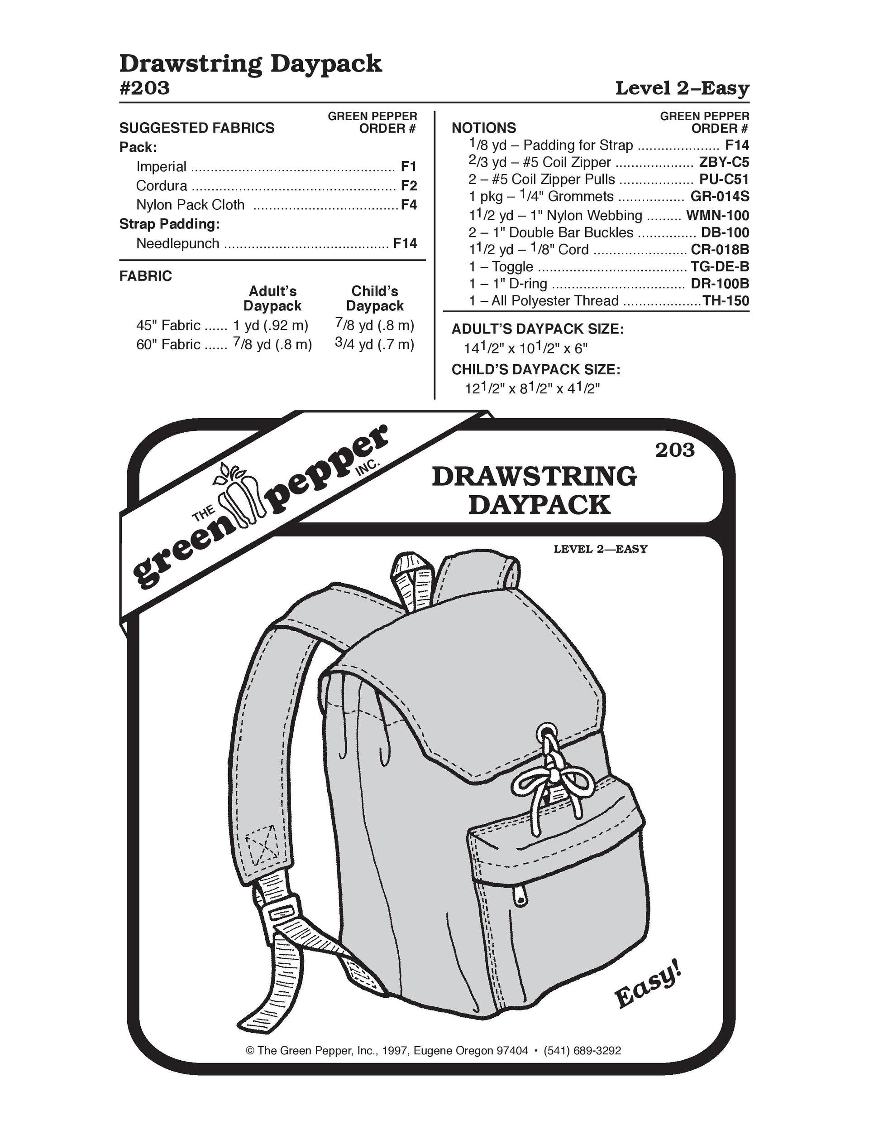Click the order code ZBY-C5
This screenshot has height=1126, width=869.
723,162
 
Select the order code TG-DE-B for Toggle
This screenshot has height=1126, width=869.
720,266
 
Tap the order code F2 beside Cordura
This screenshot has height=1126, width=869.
409,186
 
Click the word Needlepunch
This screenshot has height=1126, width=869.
178,243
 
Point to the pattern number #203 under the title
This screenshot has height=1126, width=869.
145,88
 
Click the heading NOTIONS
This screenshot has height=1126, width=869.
484,128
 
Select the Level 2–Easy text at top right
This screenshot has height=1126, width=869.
682,88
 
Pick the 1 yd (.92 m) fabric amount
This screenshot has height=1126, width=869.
271,325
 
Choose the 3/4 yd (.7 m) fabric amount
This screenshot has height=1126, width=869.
374,344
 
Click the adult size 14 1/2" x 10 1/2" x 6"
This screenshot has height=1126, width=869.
525,348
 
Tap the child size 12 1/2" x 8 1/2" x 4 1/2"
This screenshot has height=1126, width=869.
533,388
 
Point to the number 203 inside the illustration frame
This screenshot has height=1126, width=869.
675,450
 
